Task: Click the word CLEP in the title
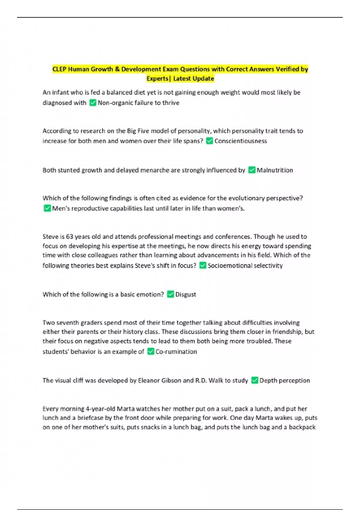[59, 69]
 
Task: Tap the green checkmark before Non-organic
[93, 103]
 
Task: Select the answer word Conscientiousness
[241, 141]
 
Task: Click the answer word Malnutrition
[275, 170]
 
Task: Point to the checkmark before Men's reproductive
[47, 208]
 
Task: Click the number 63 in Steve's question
[70, 237]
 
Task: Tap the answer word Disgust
[186, 295]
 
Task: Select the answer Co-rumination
[176, 352]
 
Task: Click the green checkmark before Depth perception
[255, 380]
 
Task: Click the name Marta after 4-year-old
[125, 409]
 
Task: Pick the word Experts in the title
[157, 79]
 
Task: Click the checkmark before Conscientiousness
[210, 141]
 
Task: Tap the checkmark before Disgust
[170, 294]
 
